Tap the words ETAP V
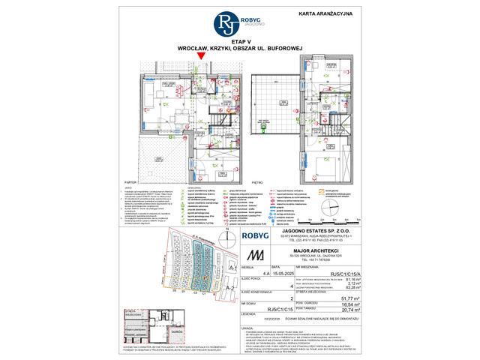pyautogui.click(x=240, y=43)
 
